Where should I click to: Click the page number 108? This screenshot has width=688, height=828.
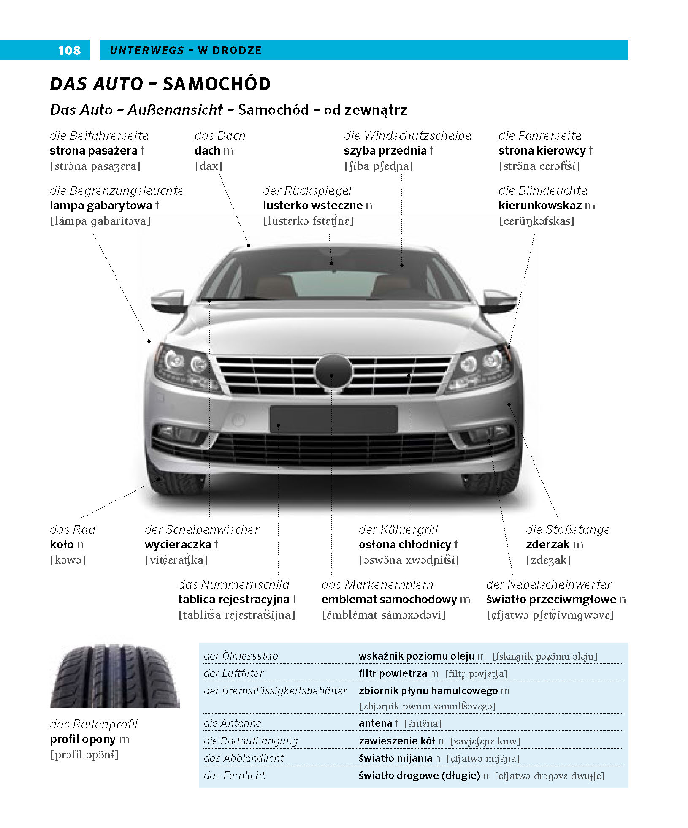[69, 51]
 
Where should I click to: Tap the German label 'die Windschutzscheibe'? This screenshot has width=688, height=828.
[407, 136]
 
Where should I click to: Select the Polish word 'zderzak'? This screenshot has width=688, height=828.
[548, 545]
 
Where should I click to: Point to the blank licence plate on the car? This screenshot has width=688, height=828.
[333, 419]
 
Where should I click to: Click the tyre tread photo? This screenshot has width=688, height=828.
[115, 676]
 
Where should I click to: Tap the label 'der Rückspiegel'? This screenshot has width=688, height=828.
[307, 190]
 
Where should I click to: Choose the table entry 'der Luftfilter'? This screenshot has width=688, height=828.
[233, 673]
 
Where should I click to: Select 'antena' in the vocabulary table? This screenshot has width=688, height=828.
[375, 723]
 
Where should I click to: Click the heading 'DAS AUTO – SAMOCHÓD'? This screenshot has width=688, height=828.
[160, 84]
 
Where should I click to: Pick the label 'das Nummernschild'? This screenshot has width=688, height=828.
[233, 584]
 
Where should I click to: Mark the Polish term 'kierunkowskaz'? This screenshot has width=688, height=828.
[540, 206]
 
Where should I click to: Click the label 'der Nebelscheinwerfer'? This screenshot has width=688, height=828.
[549, 584]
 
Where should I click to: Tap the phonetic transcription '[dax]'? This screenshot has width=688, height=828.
[209, 166]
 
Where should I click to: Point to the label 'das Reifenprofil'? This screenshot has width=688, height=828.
[94, 724]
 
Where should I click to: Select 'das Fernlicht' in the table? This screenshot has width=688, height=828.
[234, 775]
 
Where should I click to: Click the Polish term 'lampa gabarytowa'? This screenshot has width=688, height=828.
[101, 206]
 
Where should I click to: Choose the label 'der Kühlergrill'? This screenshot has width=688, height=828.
[398, 529]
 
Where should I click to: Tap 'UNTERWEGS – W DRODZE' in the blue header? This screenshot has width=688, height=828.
[186, 50]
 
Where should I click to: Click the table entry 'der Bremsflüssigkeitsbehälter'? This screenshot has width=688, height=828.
[275, 690]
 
